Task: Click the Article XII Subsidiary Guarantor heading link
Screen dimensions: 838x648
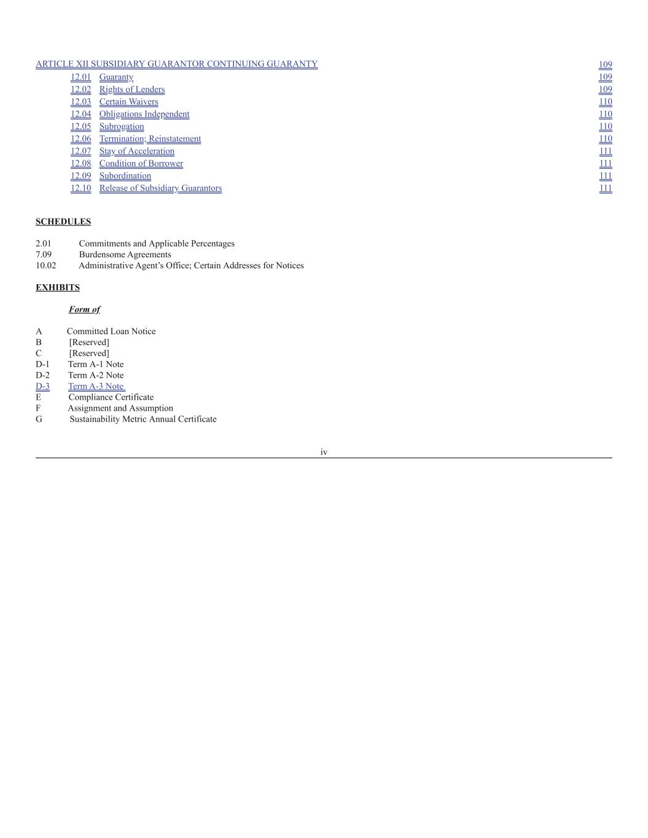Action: [176, 64]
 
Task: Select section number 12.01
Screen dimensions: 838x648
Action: [80, 77]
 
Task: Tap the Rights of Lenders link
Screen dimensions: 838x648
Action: [132, 89]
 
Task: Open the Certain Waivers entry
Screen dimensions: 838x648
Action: [128, 101]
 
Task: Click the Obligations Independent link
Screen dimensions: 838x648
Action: [144, 114]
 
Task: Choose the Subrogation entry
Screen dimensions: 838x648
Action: [122, 126]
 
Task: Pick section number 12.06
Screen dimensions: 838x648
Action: [80, 139]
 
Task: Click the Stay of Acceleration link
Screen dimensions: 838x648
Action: [137, 151]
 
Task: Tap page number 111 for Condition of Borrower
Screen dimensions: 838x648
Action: [606, 163]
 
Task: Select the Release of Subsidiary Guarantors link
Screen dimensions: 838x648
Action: [160, 188]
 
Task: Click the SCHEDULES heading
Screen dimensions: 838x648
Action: [63, 222]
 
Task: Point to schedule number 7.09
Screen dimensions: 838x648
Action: [44, 254]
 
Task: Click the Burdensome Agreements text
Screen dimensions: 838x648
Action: [125, 254]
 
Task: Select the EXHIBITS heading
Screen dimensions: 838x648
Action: [58, 287]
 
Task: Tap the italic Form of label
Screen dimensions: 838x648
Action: [84, 309]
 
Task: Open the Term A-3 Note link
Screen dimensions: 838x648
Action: [96, 386]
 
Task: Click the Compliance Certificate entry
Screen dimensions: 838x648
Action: [111, 397]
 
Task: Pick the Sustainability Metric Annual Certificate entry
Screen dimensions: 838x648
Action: [142, 419]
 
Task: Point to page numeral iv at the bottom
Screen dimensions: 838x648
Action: [324, 452]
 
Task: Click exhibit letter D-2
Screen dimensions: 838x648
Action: [42, 375]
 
